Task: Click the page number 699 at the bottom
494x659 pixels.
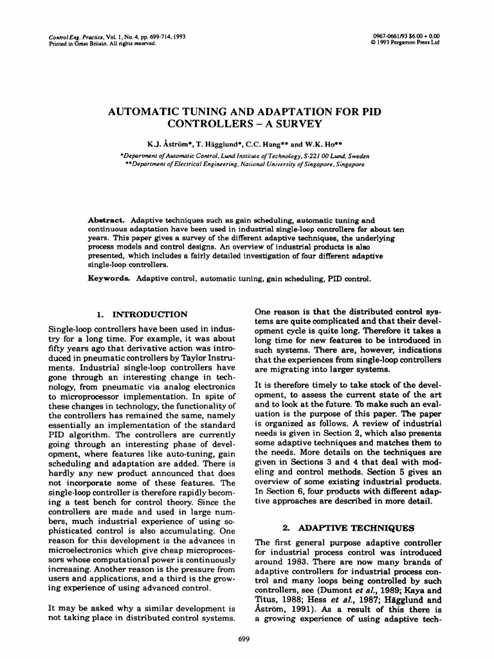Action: click(x=244, y=638)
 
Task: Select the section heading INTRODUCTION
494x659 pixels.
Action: click(x=151, y=315)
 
